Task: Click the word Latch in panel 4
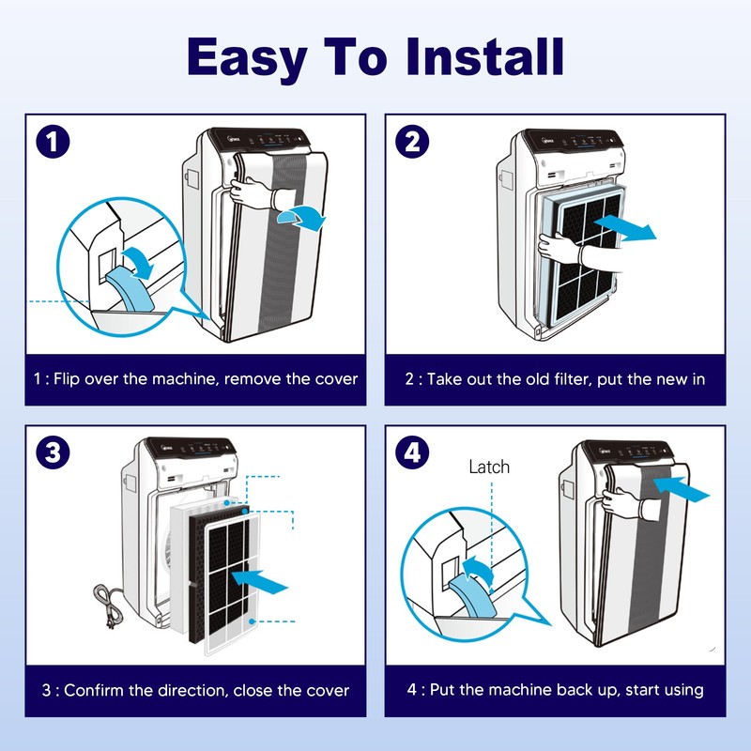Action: [x=490, y=467]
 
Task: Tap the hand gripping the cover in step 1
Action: [x=253, y=194]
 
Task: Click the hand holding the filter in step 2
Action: [x=559, y=250]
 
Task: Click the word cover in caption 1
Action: [x=336, y=379]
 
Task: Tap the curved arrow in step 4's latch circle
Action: [x=477, y=569]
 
